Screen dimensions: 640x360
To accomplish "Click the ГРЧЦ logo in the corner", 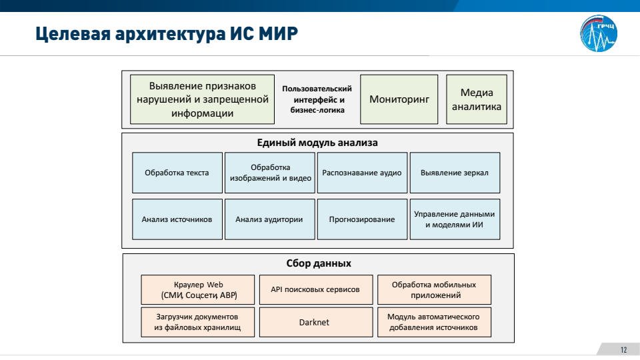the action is [x=599, y=33].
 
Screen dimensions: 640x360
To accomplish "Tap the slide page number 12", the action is [x=623, y=350].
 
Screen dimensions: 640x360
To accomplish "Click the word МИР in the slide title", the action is [x=278, y=33].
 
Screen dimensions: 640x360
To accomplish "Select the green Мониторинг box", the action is [x=399, y=99].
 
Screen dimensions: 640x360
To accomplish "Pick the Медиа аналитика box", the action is [x=477, y=99].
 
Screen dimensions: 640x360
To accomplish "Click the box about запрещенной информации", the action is [x=203, y=99].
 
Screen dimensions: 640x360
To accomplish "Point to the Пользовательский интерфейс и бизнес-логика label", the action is [x=317, y=99].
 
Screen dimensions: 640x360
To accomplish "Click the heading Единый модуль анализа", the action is [x=317, y=143].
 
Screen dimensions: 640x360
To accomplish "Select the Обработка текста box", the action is [x=177, y=173].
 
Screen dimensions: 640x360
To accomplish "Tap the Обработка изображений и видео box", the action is [x=270, y=173].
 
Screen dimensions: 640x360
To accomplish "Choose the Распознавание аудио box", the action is [x=363, y=173].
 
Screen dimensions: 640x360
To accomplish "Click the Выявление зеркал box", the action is [x=455, y=173].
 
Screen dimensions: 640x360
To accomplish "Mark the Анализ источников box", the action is [x=177, y=219].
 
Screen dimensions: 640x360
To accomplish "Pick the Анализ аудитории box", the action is [x=270, y=219].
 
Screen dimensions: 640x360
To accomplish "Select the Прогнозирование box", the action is [x=363, y=219].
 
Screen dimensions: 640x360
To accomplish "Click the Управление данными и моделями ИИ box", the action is [x=455, y=219].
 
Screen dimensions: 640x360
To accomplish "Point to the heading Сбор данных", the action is [x=319, y=263].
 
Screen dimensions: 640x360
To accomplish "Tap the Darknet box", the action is [x=316, y=322].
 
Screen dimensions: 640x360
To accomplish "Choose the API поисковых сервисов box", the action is [x=316, y=290].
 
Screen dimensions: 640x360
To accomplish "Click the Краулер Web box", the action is [x=198, y=290].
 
